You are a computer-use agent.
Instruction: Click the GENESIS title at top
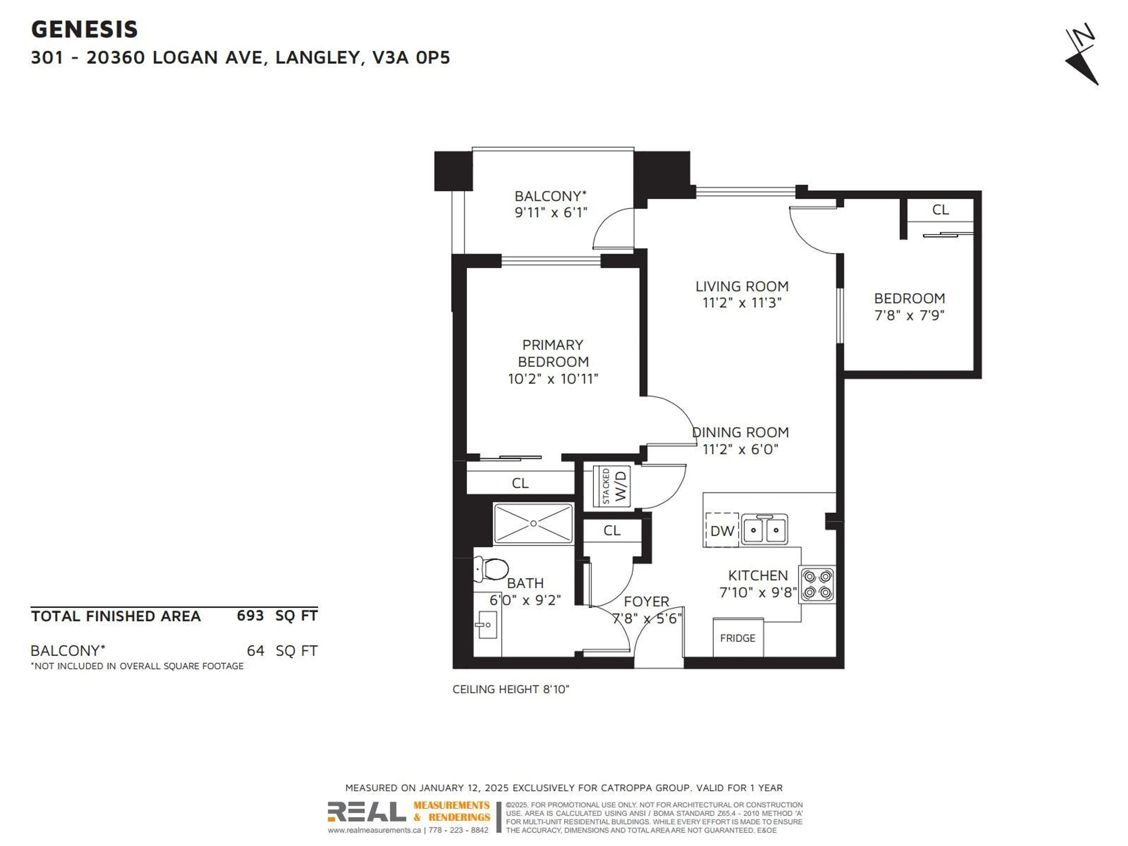pos(85,30)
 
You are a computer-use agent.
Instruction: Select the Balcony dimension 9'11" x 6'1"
pos(551,213)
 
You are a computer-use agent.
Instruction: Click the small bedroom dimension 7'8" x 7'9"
pos(909,315)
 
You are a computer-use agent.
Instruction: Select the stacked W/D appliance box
pos(611,486)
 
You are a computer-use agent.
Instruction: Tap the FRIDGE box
pos(737,638)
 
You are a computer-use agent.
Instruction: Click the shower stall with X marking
pos(533,523)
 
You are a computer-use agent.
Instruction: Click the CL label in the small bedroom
pos(940,209)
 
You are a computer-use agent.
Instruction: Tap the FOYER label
pos(646,601)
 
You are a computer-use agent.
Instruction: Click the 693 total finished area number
pos(250,615)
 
